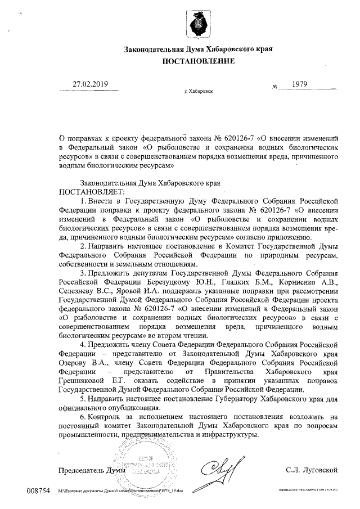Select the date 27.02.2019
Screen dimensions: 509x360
tap(89, 84)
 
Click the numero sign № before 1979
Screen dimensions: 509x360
tap(275, 87)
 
